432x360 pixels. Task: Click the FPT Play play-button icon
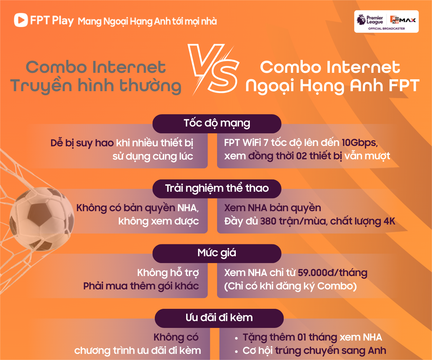(21, 20)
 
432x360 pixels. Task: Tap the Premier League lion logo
(361, 20)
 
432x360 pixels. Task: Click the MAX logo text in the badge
(408, 20)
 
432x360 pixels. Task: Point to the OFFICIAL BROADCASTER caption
(386, 28)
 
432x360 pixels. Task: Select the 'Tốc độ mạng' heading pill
(217, 124)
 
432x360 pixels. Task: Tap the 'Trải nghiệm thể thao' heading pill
(217, 189)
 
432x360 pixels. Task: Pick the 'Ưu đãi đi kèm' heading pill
(219, 318)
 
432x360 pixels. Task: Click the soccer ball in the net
(42, 219)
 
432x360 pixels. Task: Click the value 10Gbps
(360, 143)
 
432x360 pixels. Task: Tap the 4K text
(390, 221)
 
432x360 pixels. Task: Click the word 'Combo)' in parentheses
(337, 286)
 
